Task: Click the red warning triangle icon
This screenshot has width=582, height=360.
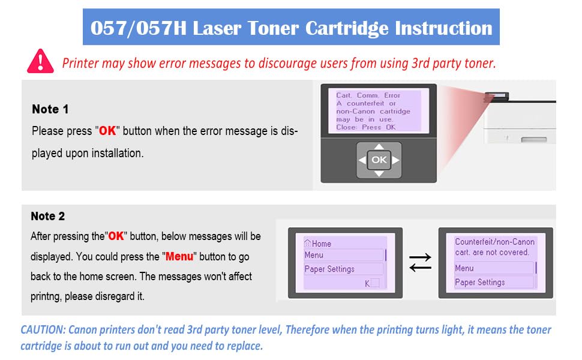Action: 40,61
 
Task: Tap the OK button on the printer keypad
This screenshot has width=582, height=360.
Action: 379,160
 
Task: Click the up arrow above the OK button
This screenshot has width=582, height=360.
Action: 379,146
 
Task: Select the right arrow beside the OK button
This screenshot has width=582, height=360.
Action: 395,160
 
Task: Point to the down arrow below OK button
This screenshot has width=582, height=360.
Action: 379,173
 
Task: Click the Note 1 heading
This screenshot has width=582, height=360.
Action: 50,109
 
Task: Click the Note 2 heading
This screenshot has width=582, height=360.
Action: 48,216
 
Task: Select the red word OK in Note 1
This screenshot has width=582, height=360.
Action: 107,131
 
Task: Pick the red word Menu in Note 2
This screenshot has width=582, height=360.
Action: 179,256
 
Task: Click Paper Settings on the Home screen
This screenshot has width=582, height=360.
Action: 329,269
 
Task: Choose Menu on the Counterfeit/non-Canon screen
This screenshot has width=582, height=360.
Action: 464,268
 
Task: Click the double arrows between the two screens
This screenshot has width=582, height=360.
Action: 420,262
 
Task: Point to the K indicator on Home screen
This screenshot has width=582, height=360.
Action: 367,284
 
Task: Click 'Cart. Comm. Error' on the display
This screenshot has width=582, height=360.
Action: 368,95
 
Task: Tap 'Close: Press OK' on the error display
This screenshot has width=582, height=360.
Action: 365,127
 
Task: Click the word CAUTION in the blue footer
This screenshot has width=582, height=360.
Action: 43,329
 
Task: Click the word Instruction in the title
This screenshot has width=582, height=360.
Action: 443,28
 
